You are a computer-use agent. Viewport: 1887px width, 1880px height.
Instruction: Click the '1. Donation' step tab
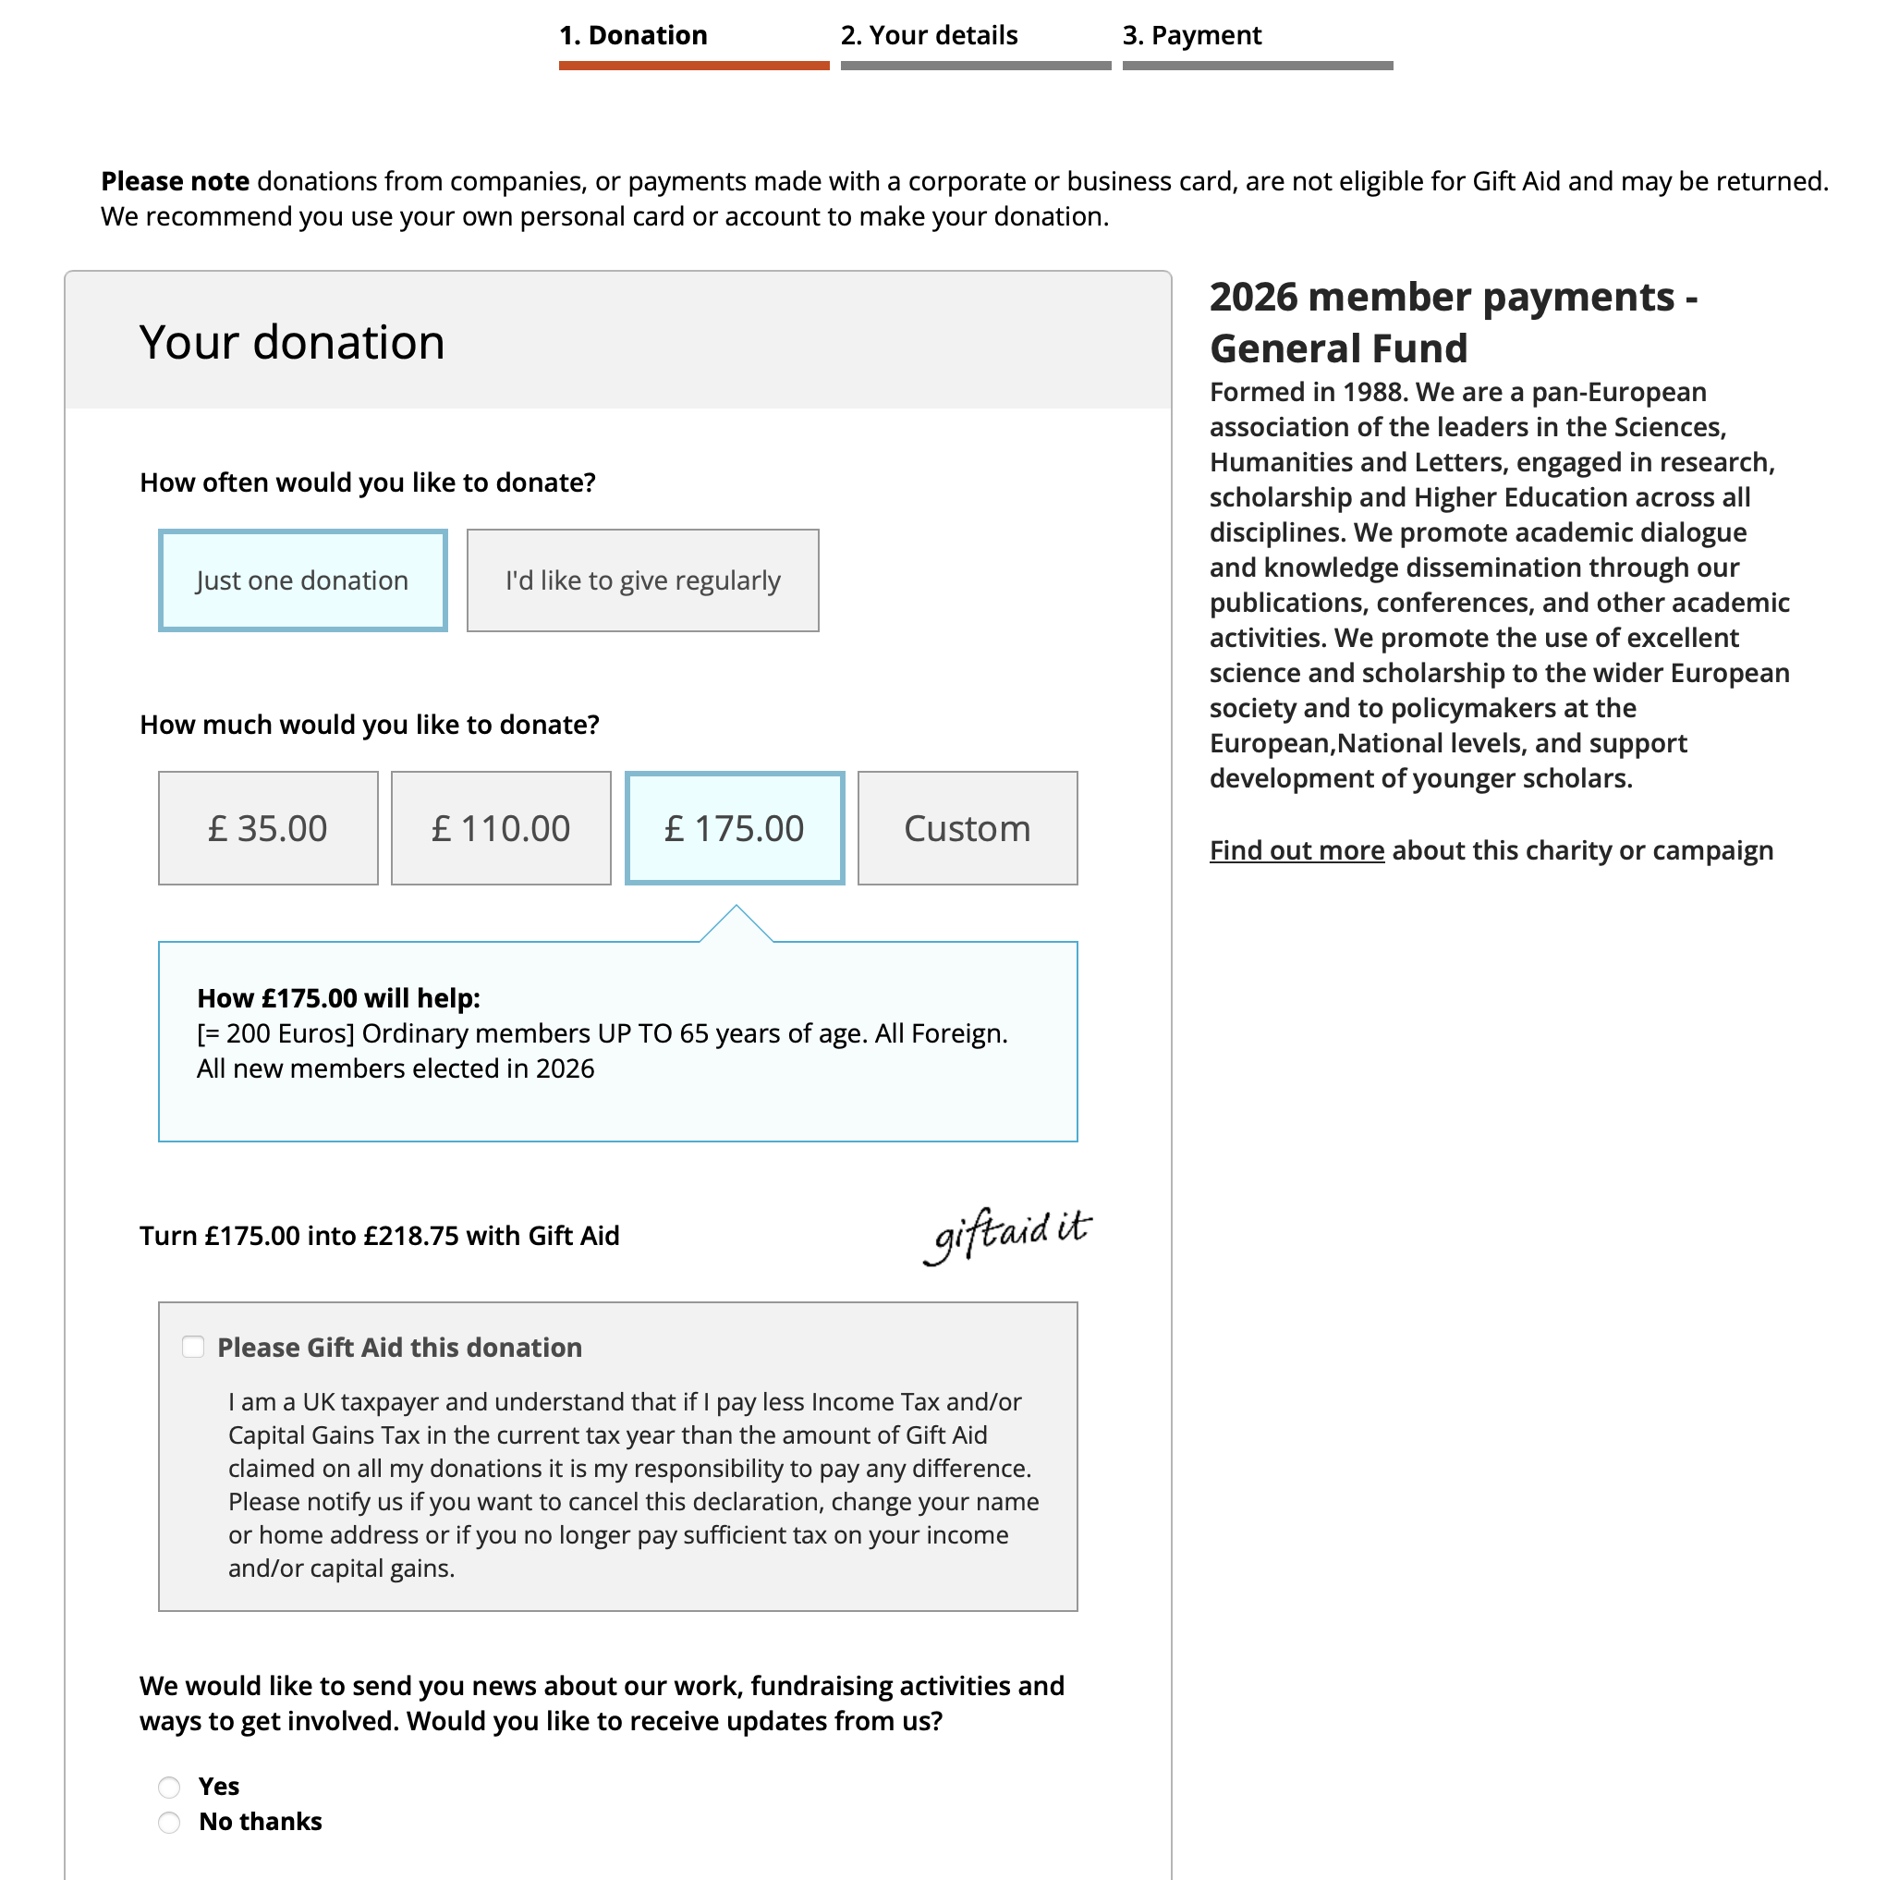(633, 36)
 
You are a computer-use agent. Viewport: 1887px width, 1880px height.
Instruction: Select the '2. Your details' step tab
(929, 36)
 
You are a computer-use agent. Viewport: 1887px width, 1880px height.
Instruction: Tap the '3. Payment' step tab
(1191, 36)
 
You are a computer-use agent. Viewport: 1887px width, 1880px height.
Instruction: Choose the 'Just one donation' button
(303, 580)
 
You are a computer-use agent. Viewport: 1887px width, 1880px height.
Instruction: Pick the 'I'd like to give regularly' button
(642, 580)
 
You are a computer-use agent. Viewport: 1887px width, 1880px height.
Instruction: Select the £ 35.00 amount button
(268, 828)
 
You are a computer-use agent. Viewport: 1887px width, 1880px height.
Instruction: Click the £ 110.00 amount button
(501, 828)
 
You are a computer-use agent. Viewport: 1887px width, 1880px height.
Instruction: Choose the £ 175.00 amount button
(735, 828)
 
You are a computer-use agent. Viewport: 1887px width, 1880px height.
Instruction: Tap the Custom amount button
(967, 828)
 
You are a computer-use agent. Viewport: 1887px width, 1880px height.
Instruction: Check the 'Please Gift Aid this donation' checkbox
(193, 1348)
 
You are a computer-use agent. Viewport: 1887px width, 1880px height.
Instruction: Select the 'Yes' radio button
(170, 1788)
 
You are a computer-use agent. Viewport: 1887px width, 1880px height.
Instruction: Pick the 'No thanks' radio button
(170, 1823)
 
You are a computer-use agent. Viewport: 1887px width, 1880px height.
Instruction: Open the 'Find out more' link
(1297, 851)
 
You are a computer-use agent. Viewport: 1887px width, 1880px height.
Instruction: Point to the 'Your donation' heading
(292, 343)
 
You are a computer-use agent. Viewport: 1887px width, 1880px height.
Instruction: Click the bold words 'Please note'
(176, 182)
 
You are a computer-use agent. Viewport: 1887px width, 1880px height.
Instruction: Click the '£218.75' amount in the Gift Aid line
(411, 1236)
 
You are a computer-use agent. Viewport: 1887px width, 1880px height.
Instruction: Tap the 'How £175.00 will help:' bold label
(339, 998)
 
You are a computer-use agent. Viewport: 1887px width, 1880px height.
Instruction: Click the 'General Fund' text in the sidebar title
(1338, 348)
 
